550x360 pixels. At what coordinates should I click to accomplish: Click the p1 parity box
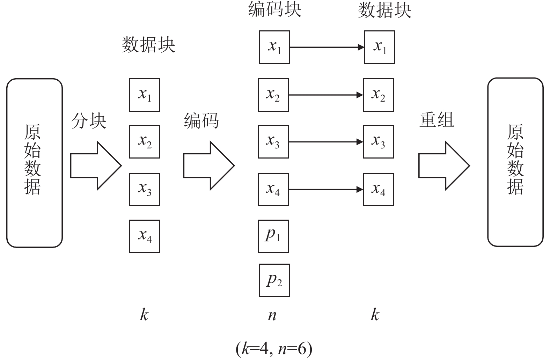point(273,236)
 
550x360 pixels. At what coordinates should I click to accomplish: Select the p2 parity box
point(274,280)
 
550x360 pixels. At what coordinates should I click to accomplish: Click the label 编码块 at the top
point(274,10)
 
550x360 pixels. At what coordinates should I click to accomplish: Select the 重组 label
point(437,120)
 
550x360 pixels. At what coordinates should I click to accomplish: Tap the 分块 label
point(89,121)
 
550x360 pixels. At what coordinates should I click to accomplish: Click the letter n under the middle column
point(272,315)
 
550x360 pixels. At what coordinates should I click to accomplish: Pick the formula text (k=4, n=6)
point(274,348)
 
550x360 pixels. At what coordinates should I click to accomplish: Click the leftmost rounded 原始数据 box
point(34,163)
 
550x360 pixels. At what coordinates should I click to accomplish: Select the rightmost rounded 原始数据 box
point(515,162)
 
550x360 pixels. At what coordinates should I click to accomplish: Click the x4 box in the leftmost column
point(145,236)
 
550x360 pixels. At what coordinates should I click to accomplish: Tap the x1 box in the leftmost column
point(145,95)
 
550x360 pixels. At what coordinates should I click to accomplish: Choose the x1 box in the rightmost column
point(380,47)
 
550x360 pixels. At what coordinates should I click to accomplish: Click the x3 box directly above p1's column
point(273,142)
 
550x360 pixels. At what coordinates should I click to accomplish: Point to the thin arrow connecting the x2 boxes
point(325,95)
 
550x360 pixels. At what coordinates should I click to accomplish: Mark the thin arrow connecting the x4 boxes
point(325,190)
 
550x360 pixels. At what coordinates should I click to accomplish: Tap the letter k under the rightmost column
point(375,315)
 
